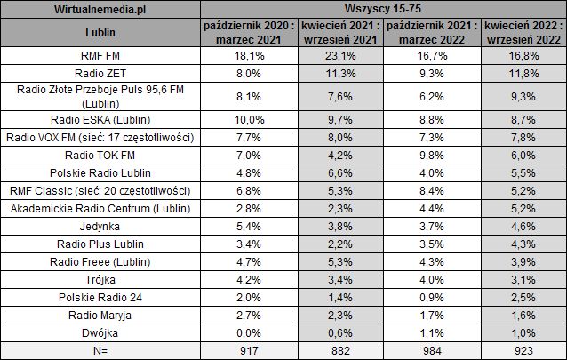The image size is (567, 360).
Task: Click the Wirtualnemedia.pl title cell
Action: coord(100,10)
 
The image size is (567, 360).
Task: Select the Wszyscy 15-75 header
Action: coord(383,10)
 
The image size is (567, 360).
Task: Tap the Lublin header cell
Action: coord(100,34)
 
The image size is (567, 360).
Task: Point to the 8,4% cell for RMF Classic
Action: coord(430,190)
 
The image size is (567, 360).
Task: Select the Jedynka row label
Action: coord(100,226)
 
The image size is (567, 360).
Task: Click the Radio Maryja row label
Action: coord(100,315)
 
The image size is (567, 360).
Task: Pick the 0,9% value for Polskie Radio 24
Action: coord(430,297)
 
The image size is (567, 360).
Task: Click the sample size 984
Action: coord(430,350)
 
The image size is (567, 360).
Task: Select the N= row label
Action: coord(100,350)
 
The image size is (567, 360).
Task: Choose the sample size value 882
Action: coord(336,350)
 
